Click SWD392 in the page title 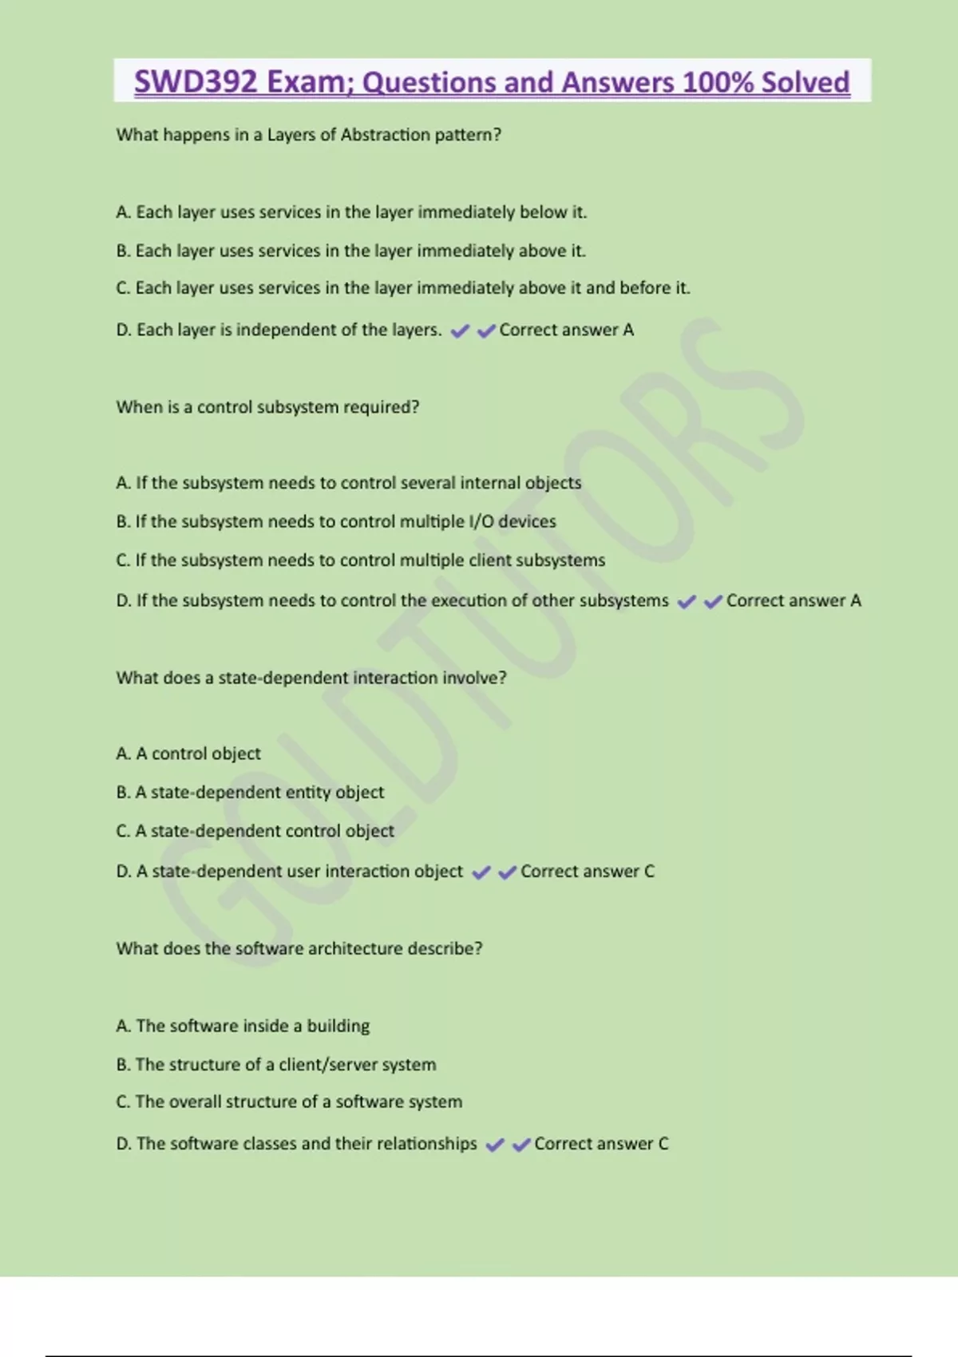point(195,82)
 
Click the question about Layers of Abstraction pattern point(308,135)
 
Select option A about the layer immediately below point(351,212)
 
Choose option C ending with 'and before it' point(402,288)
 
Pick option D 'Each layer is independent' point(279,330)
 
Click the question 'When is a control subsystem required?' point(267,407)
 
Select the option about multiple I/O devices point(335,521)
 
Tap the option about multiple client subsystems point(360,560)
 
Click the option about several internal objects point(348,483)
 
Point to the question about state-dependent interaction point(311,678)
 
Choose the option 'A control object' point(188,754)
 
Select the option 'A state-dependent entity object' point(250,792)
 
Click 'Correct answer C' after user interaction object point(587,872)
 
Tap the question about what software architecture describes point(299,948)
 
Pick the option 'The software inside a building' point(243,1026)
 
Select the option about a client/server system point(276,1064)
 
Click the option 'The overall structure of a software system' point(289,1102)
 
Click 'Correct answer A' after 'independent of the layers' point(566,330)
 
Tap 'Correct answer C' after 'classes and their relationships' point(600,1144)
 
